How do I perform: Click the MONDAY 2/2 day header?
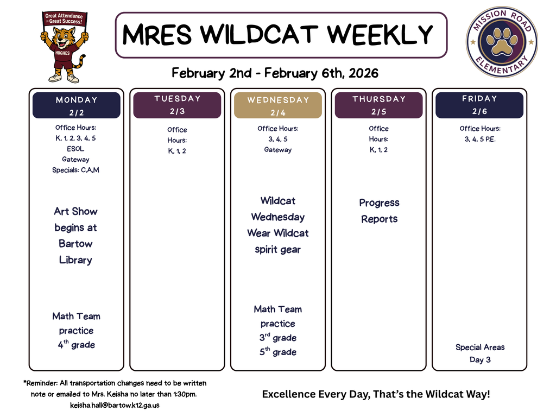coord(77,105)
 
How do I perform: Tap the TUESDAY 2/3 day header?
coord(177,105)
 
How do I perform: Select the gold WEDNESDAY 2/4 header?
coord(278,106)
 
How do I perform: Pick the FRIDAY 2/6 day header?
coord(479,105)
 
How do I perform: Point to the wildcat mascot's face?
coord(64,38)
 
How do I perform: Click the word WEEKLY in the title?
coord(380,35)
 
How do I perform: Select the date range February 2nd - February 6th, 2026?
coord(275,73)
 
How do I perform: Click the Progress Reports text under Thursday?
coord(379,211)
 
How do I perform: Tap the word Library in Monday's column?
coord(75,260)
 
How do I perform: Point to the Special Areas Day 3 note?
coord(480,353)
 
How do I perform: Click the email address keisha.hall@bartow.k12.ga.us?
coord(115,405)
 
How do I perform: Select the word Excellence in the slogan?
coord(287,394)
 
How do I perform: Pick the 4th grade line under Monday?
coord(77,345)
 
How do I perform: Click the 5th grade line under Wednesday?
coord(277,352)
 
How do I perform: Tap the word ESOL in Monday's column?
coord(75,149)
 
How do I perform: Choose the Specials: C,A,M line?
coord(75,170)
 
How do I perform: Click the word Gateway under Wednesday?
coord(277,150)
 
